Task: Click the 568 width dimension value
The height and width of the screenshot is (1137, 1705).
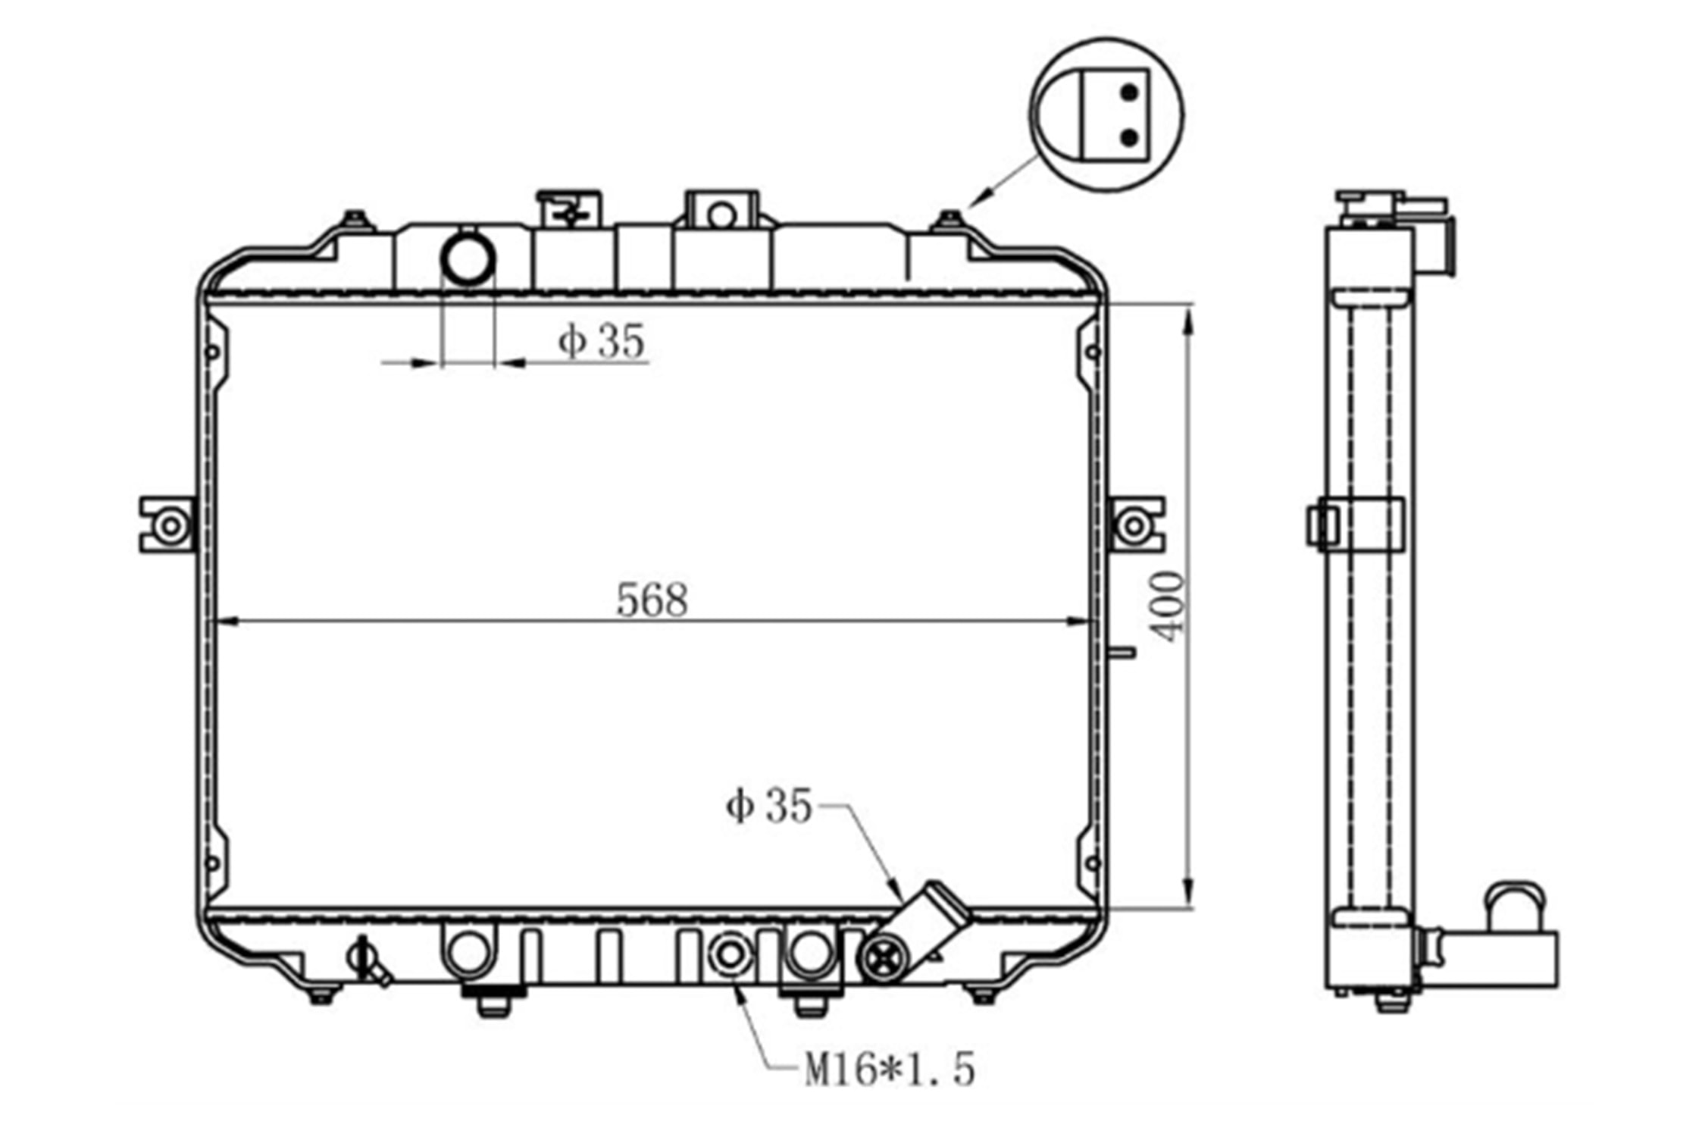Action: pos(652,600)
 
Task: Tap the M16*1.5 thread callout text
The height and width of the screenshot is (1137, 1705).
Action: pos(890,1070)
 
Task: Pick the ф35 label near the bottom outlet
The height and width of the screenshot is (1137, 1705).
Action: pos(768,805)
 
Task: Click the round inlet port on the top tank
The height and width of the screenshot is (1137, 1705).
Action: pos(468,259)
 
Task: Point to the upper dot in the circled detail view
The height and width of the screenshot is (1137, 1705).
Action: pos(1129,93)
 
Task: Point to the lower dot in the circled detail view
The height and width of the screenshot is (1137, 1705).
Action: pos(1129,138)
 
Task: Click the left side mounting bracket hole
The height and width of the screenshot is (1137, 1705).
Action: pos(170,525)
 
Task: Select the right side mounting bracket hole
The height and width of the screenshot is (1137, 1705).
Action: pos(1133,525)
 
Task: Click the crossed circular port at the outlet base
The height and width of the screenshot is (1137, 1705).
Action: pos(883,960)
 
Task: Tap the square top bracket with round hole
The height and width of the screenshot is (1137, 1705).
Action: pos(721,209)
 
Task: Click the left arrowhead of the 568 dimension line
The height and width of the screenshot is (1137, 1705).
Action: pos(228,622)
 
